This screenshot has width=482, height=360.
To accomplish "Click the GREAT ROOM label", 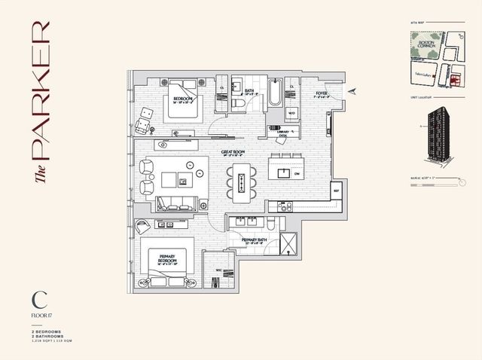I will click(x=232, y=153).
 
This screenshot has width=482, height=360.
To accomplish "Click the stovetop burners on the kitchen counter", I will click(x=285, y=205).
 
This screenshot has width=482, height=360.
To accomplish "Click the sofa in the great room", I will click(x=177, y=203).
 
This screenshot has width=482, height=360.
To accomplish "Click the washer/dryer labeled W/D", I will click(x=291, y=114).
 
